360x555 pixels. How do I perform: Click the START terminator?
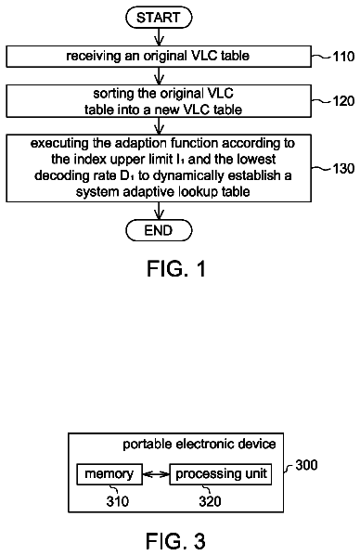[159, 18]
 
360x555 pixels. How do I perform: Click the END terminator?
[159, 230]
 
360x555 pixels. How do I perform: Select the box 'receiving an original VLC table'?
[159, 57]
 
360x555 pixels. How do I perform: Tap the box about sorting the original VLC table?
[159, 101]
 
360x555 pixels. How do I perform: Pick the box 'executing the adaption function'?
[159, 168]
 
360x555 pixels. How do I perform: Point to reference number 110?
[343, 57]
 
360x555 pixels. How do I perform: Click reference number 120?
[343, 101]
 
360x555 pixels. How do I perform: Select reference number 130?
[343, 169]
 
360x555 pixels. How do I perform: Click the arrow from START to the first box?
[159, 37]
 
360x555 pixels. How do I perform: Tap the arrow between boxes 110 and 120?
[159, 76]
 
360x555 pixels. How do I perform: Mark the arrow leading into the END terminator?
[159, 212]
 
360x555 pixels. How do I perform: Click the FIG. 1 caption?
[176, 268]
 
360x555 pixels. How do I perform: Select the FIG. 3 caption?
[175, 541]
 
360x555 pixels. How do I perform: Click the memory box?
[109, 474]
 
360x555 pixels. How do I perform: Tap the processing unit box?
[221, 474]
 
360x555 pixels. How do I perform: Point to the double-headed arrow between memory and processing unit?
[156, 474]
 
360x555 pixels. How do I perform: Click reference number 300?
[306, 465]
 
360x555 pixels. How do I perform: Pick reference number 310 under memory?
[118, 501]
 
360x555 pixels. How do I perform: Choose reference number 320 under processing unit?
[210, 501]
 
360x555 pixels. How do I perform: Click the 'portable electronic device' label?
[199, 445]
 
